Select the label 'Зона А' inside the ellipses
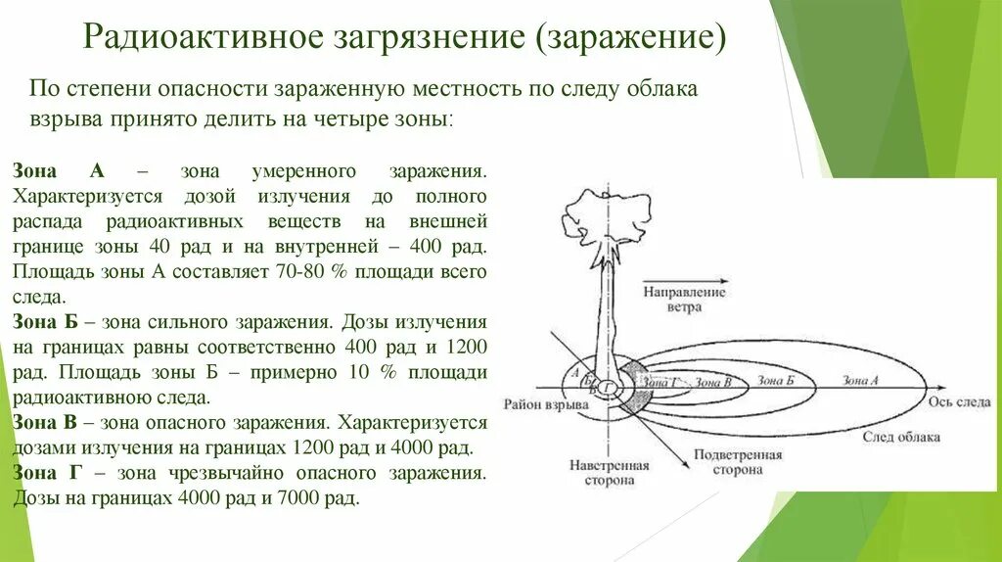point(860,381)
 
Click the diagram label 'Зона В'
point(712,382)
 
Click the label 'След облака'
point(901,437)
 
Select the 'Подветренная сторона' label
point(739,462)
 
